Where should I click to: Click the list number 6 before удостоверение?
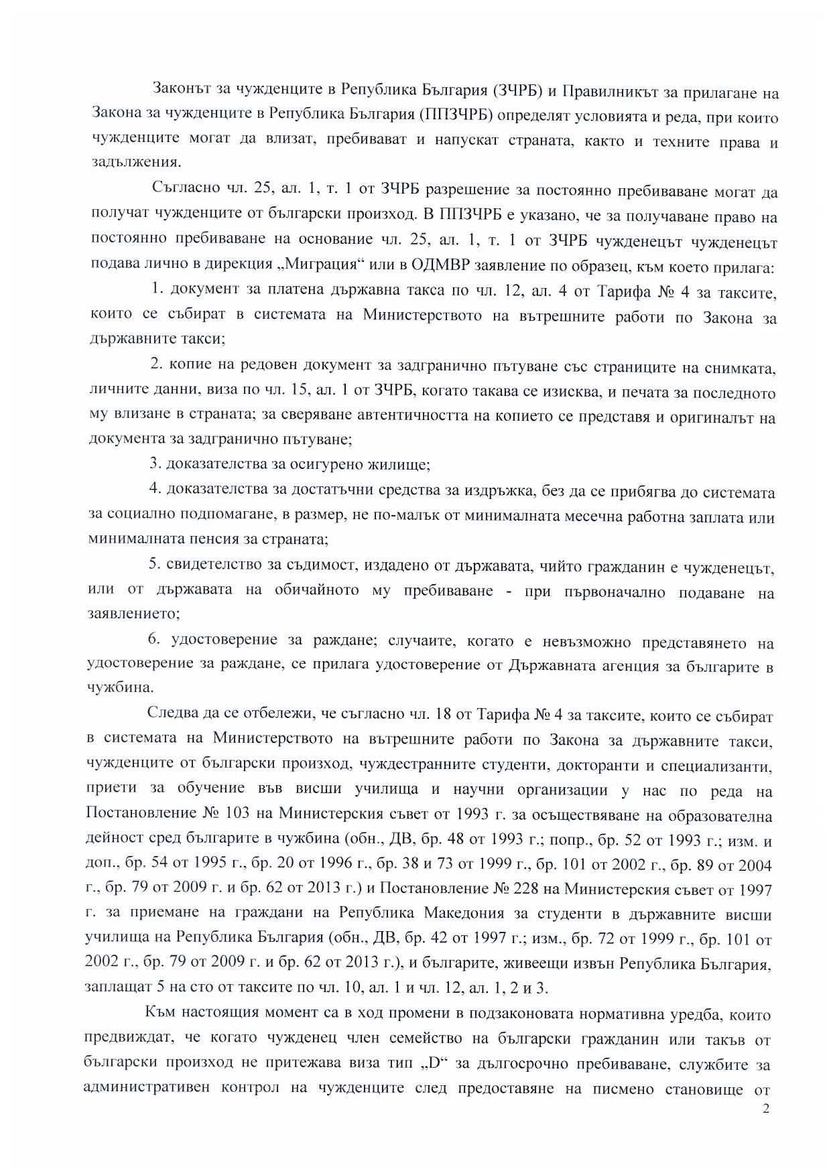point(153,640)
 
